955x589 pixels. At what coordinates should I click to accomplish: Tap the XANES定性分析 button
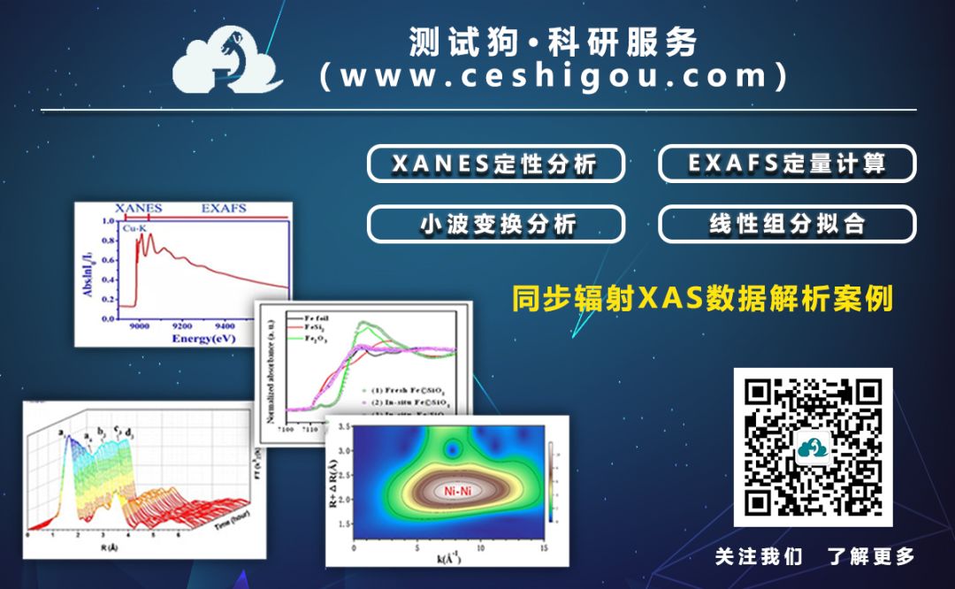(x=495, y=164)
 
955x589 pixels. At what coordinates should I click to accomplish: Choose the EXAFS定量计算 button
(x=787, y=164)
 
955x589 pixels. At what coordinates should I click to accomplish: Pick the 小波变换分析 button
(x=495, y=224)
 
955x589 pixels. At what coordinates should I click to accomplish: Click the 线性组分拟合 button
(x=787, y=224)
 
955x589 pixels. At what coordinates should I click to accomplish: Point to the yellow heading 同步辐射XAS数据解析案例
(x=703, y=298)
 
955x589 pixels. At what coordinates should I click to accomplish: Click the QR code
(x=813, y=447)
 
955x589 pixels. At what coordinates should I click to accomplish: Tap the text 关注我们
(x=759, y=556)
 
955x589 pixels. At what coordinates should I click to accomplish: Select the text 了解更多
(x=871, y=556)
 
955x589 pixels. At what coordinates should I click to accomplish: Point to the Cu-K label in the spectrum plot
(x=134, y=228)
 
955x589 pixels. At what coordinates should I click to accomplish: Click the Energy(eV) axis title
(x=204, y=339)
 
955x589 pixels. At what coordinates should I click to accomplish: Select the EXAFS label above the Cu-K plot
(x=224, y=209)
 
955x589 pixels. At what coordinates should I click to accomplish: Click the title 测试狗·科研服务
(x=553, y=42)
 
